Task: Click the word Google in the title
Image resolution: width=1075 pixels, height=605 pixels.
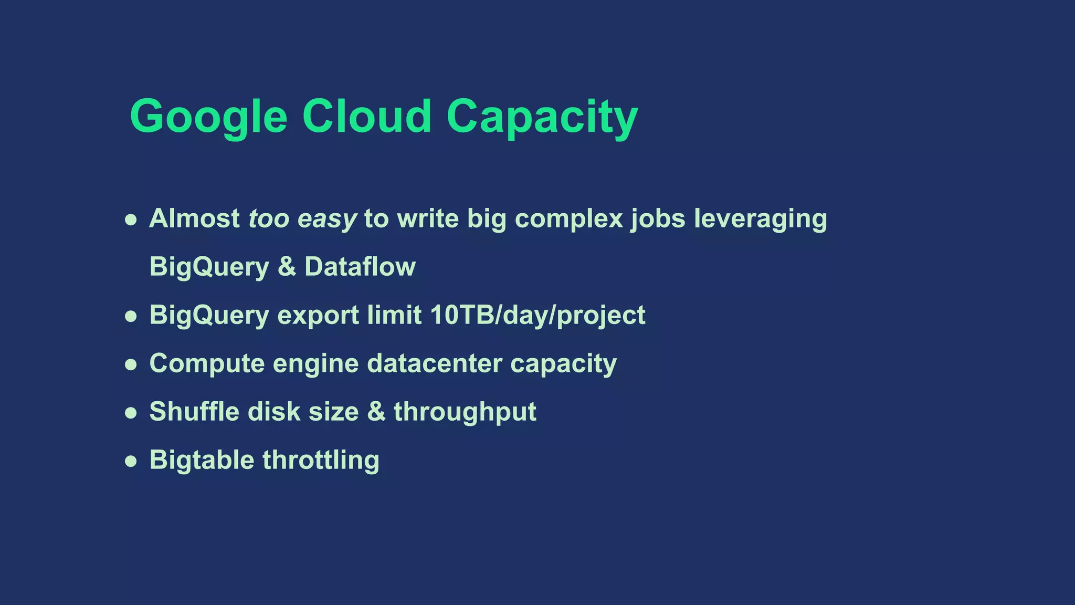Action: [x=208, y=117]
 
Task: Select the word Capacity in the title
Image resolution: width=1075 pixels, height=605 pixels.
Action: [x=542, y=117]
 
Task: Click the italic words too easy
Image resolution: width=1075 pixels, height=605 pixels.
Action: [x=302, y=218]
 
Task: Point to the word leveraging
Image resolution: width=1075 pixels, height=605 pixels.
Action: [x=760, y=218]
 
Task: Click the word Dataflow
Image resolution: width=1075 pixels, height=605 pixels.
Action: [x=360, y=267]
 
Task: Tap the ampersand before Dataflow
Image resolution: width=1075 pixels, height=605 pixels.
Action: [x=287, y=267]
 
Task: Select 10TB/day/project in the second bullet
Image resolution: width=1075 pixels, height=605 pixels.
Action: [x=537, y=315]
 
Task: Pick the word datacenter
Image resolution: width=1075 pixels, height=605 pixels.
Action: [x=435, y=363]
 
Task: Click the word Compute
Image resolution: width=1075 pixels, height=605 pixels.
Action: [x=207, y=363]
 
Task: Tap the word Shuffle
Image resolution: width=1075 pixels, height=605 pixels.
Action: [x=194, y=412]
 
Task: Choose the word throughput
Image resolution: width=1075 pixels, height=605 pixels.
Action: [x=465, y=412]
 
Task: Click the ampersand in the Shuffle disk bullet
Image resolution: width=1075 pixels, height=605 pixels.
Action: [x=376, y=412]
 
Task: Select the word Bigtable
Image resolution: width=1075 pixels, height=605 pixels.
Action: [x=202, y=460]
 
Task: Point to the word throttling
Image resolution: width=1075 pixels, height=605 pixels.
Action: [x=321, y=460]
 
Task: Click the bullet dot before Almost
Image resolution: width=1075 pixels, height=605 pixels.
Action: [x=131, y=220]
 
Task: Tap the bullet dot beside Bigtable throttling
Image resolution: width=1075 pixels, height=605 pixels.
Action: [x=131, y=462]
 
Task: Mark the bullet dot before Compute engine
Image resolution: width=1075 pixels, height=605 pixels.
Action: [x=131, y=365]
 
